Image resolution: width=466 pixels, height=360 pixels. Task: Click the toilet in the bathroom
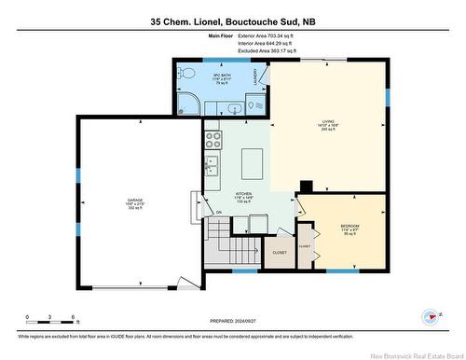(x=187, y=72)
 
